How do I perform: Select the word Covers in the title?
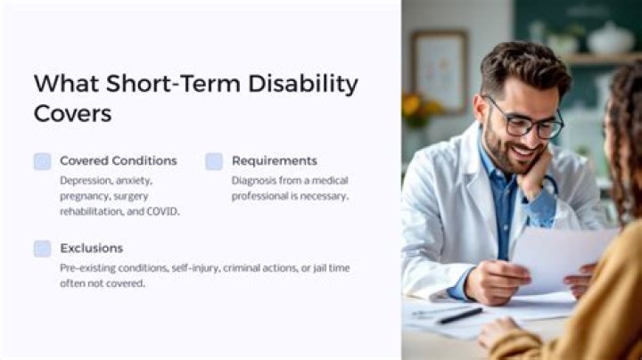[73, 113]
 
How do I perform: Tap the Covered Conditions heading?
[118, 160]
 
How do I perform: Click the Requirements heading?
[274, 160]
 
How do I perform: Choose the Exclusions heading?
[91, 248]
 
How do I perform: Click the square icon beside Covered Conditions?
[42, 161]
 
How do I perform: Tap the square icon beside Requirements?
[214, 161]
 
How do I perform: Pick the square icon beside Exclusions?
[42, 249]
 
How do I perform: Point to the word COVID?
[161, 211]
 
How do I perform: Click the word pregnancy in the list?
[86, 196]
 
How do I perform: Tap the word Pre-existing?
[89, 267]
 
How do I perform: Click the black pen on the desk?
[459, 315]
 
